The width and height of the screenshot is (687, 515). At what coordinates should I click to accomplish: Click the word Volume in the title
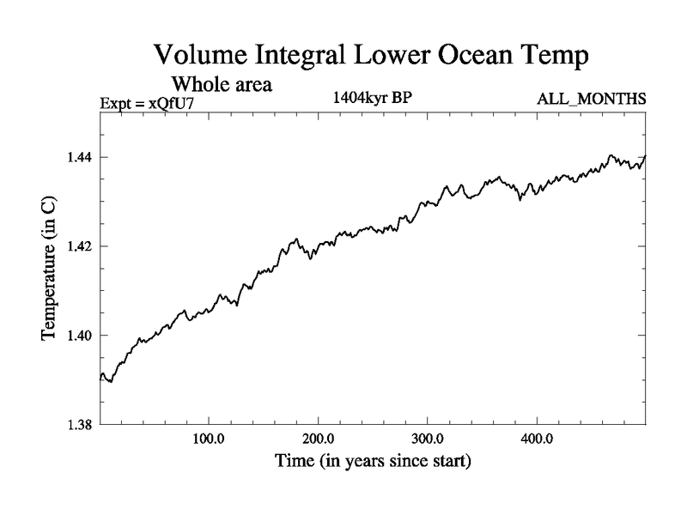(200, 57)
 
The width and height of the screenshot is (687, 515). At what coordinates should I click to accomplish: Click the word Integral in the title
(300, 57)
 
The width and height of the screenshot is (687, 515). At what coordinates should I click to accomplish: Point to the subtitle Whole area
(222, 84)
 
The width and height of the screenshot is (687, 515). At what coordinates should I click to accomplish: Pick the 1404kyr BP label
(372, 97)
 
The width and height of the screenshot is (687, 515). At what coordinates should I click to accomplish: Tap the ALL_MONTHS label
(592, 99)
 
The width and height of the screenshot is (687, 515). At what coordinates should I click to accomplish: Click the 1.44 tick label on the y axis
(83, 157)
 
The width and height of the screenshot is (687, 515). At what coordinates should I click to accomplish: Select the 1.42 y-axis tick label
(83, 246)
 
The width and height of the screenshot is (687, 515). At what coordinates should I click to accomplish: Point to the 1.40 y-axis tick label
(83, 335)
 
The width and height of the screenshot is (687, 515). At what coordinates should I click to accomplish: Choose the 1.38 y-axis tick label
(83, 424)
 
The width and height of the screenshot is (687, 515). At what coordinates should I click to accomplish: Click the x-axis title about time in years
(372, 462)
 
